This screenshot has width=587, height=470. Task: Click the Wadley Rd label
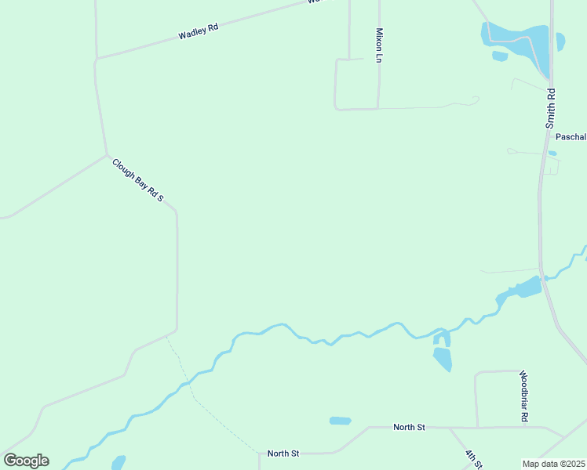tap(198, 32)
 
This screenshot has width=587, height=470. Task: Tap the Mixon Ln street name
tap(379, 45)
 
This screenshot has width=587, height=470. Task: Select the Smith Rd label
tap(551, 107)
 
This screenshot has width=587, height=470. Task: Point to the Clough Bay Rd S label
tap(137, 180)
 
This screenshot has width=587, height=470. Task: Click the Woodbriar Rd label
tap(523, 396)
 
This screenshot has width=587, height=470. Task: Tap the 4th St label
tap(472, 459)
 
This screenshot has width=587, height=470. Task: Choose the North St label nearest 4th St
tap(409, 427)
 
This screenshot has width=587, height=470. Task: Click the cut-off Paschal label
tap(571, 136)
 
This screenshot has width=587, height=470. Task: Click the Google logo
tap(26, 461)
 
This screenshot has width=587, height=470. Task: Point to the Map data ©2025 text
tap(553, 463)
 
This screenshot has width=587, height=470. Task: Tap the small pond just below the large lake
tap(500, 56)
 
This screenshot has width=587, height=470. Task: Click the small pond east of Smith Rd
tap(560, 41)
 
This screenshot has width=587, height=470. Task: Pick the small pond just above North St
tap(340, 421)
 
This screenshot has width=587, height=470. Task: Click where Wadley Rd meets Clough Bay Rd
tap(97, 58)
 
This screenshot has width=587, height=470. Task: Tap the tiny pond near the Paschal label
tap(552, 153)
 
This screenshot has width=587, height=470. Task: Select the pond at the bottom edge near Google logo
tap(118, 462)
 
